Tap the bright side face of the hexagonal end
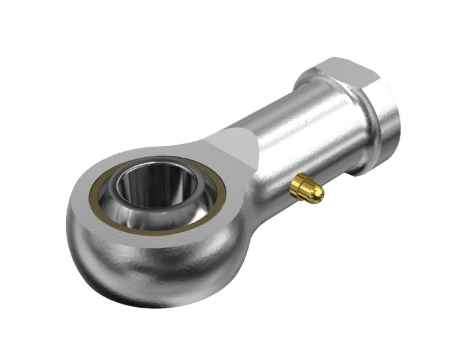coord(386,124)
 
